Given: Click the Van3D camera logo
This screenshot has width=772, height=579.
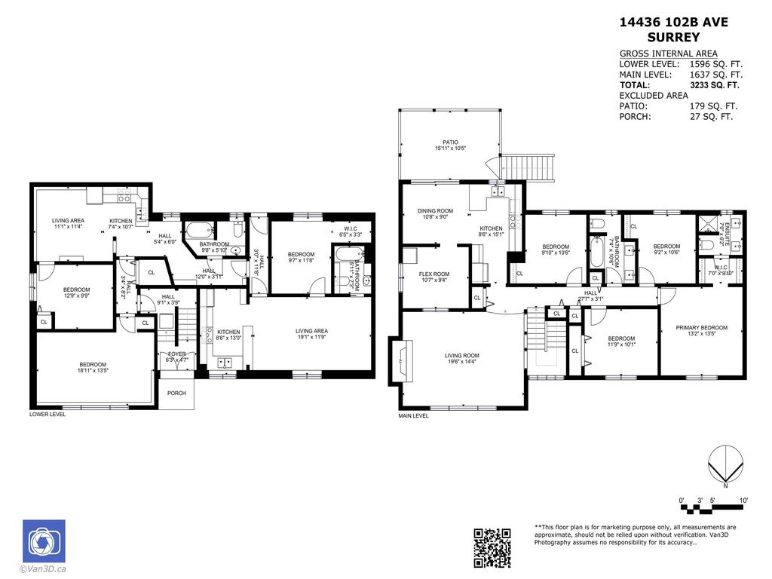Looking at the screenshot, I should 44,541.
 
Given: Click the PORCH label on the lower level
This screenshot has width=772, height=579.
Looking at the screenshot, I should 176,393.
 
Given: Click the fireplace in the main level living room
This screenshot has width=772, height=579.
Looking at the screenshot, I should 399,361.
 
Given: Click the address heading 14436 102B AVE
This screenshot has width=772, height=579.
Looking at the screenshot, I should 673,22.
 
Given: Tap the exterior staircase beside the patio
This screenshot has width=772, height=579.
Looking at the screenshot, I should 528,165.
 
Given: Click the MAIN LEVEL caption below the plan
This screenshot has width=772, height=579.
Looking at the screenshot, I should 413,415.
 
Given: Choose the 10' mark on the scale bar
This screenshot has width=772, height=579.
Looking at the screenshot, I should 743,501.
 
